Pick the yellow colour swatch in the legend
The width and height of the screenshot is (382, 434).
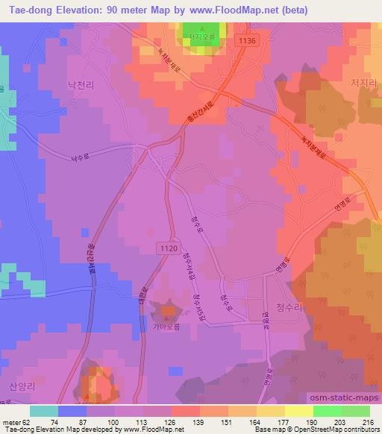click(x=298, y=411)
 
